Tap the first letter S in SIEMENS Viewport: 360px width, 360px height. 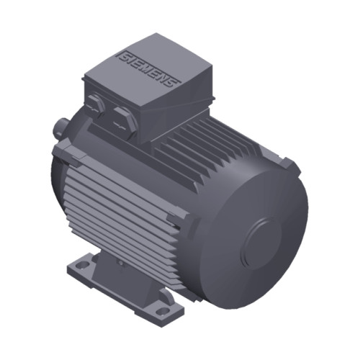coord(124,55)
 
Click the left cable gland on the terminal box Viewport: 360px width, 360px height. coord(97,105)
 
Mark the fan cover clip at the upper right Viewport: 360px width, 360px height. coord(289,164)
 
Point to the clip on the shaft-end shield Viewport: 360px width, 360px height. coord(62,152)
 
